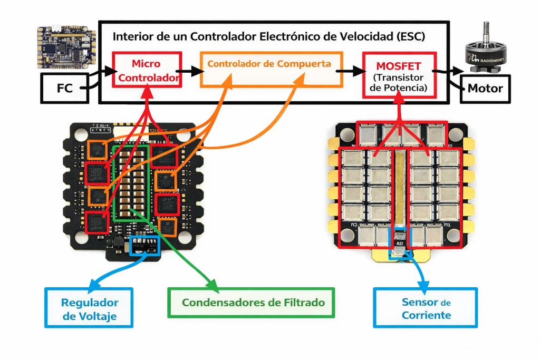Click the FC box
[64, 88]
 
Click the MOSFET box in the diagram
[399, 75]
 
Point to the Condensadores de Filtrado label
[250, 303]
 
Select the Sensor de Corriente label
[426, 308]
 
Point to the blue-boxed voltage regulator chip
[144, 246]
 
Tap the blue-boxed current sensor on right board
[400, 242]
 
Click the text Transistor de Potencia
[399, 83]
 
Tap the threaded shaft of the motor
[487, 30]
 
